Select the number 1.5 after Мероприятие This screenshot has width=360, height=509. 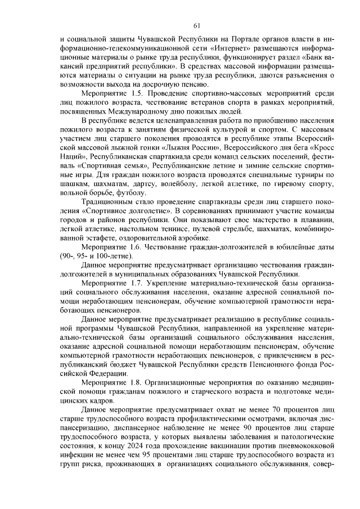point(138,91)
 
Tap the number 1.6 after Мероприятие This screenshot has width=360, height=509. point(138,246)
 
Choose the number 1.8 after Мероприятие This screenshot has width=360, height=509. point(138,382)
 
